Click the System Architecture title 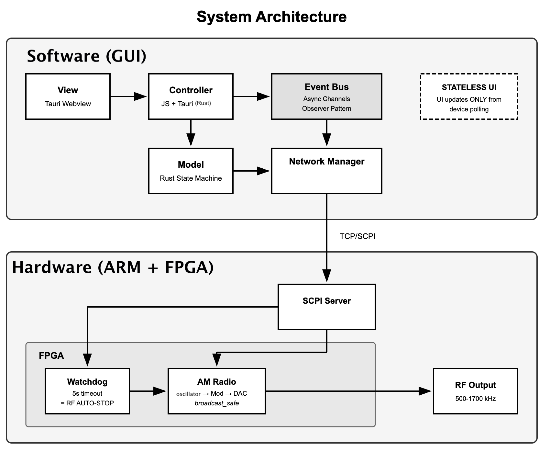click(271, 17)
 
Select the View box click(68, 96)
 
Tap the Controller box click(191, 96)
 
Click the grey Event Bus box click(327, 96)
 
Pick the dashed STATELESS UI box click(469, 96)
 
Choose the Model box click(191, 171)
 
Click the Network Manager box click(327, 171)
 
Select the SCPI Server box click(327, 307)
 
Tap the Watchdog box click(87, 391)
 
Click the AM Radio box click(217, 391)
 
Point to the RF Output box click(476, 391)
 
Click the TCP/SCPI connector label click(357, 236)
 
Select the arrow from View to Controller click(128, 96)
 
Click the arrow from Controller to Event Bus click(251, 96)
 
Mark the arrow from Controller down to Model click(191, 133)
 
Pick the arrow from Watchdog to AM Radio click(148, 391)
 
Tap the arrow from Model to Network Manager click(251, 171)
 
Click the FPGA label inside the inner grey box click(51, 356)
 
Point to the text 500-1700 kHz click(476, 399)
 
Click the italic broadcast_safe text click(217, 403)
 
